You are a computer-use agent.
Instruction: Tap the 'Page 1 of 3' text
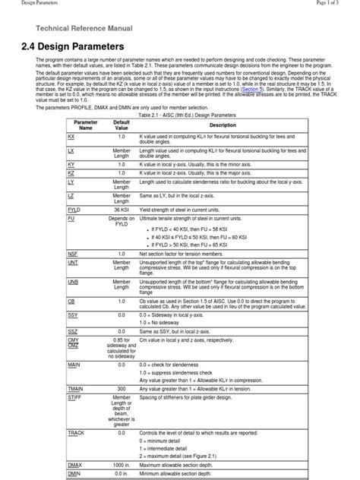coord(337,3)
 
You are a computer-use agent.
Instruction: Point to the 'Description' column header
coord(223,125)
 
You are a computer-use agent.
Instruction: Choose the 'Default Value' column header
coord(122,125)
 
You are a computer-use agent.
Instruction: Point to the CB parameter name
coord(71,300)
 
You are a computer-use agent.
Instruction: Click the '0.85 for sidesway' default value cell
coord(122,340)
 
